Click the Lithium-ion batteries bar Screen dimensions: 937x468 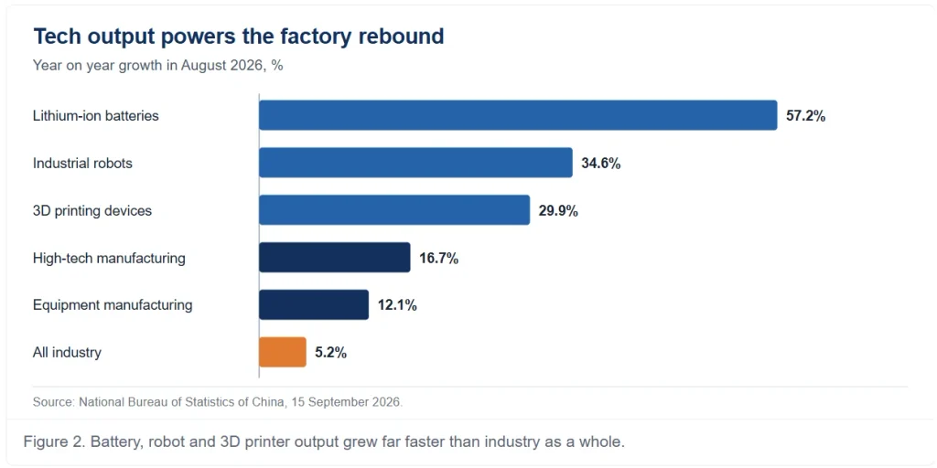point(518,115)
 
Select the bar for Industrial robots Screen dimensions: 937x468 point(415,163)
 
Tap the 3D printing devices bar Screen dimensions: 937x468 point(394,210)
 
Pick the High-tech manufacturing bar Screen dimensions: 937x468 point(335,257)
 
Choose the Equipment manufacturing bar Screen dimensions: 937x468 point(314,305)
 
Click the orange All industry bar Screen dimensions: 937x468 point(282,352)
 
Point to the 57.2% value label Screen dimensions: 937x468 point(805,116)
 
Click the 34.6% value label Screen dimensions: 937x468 point(600,163)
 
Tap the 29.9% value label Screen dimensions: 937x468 point(558,211)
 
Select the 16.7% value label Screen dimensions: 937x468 point(438,258)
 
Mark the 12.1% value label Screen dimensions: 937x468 point(397,305)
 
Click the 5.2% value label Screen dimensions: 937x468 point(330,353)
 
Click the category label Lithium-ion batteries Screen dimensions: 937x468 point(95,116)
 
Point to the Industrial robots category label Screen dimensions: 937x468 point(82,163)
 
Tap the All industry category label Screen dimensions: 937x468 point(67,353)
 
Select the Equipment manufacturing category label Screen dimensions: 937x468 point(113,305)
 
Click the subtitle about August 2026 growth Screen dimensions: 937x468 point(157,66)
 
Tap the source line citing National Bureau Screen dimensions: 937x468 point(218,402)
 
